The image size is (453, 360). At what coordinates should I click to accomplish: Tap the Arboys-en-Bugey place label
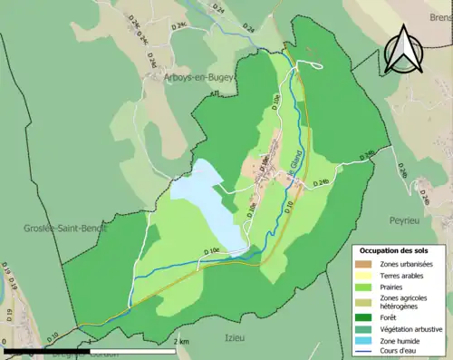pos(185,78)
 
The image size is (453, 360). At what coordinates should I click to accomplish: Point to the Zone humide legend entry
pos(402,343)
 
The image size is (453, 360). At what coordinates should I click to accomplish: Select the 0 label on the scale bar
pos(6,342)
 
